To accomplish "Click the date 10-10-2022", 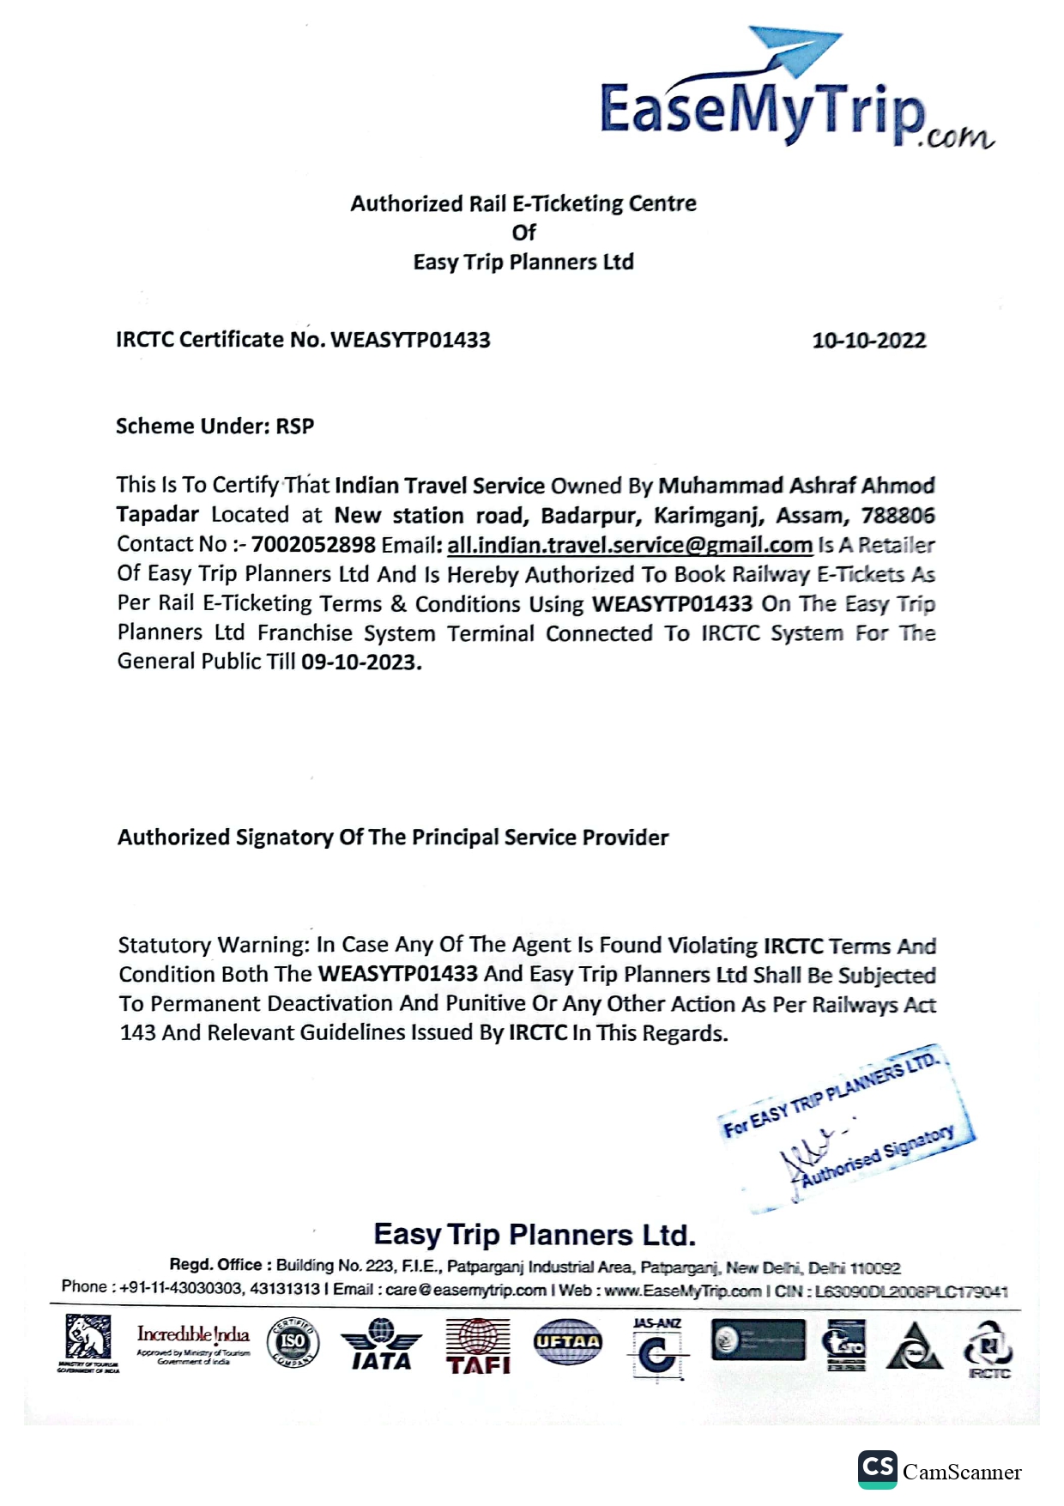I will point(868,341).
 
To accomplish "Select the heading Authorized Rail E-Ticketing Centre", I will point(523,203).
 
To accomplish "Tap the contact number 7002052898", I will point(313,544).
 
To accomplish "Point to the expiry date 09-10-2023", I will point(361,662).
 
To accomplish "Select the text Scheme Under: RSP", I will point(215,426).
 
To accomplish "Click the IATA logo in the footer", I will point(381,1345).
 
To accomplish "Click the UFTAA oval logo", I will point(567,1341).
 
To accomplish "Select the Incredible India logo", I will point(193,1342).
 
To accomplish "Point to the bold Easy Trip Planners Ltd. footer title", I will point(534,1235).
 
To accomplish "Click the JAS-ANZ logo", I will point(657,1348).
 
